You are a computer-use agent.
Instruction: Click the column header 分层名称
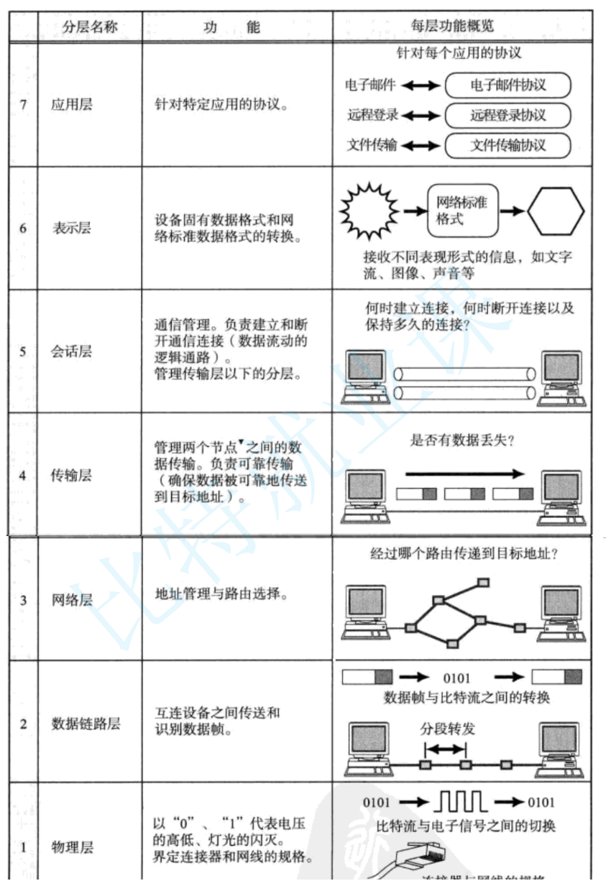point(90,28)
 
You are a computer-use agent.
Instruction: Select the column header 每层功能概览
point(461,27)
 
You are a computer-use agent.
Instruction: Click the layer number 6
point(23,229)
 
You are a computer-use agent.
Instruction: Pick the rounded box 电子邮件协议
point(508,86)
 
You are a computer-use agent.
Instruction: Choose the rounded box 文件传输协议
point(508,145)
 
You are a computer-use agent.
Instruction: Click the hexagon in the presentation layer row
point(556,211)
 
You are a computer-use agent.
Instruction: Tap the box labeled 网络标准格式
point(462,211)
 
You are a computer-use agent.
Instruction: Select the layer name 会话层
point(72,352)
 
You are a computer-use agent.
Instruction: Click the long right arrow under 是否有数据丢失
point(464,474)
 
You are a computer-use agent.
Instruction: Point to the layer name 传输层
point(72,475)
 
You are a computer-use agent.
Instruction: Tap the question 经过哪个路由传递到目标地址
point(464,555)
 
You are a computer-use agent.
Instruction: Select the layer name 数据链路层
point(86,723)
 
